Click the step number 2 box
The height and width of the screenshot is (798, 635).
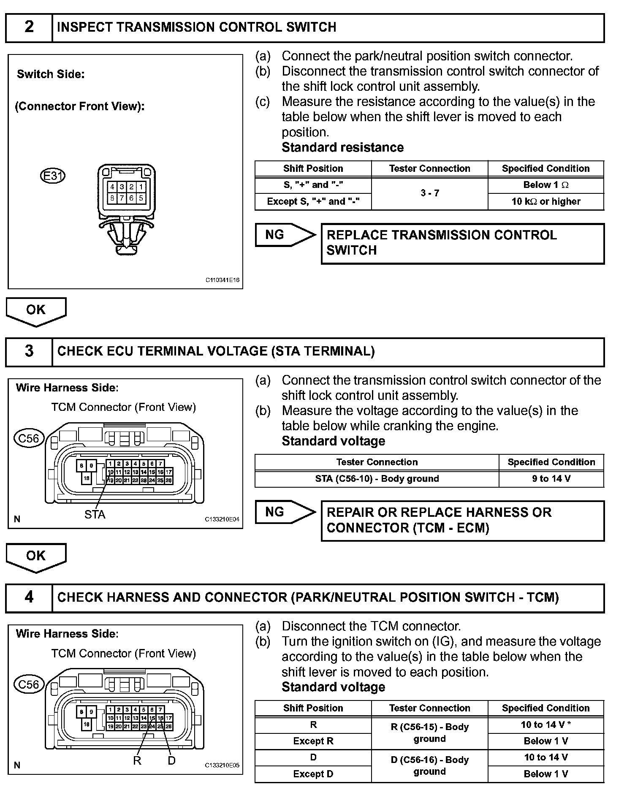(x=29, y=27)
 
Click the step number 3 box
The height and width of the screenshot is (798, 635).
(x=29, y=351)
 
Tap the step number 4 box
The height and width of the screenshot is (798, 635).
(x=29, y=597)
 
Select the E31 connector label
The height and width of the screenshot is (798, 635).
(x=53, y=175)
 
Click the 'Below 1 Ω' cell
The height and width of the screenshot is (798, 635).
(x=546, y=185)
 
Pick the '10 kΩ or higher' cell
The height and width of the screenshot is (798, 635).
(x=546, y=201)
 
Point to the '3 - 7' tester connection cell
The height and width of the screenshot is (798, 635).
(x=429, y=193)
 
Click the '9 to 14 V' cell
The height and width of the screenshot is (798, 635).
(x=551, y=479)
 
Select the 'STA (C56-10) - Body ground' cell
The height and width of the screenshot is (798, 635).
(x=377, y=479)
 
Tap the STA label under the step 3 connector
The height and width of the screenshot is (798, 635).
(x=95, y=514)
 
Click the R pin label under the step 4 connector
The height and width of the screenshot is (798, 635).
(x=137, y=760)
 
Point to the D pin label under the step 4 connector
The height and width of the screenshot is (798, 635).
(x=171, y=760)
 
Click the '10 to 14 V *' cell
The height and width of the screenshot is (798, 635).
(x=546, y=725)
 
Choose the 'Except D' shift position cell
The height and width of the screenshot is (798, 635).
(x=313, y=774)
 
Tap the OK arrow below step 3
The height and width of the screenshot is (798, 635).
(x=36, y=556)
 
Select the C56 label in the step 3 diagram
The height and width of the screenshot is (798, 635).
(x=29, y=438)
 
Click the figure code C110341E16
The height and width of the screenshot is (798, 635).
(x=223, y=280)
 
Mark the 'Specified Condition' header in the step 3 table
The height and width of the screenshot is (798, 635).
(x=551, y=462)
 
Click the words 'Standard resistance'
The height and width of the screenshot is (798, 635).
(x=342, y=147)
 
